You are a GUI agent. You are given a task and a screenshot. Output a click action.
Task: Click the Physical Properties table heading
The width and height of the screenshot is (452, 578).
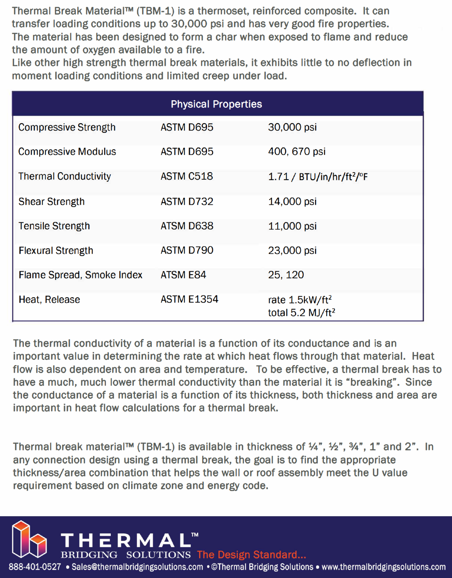tap(216, 104)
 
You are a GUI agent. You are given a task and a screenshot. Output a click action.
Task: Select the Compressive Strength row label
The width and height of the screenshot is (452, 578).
tap(67, 128)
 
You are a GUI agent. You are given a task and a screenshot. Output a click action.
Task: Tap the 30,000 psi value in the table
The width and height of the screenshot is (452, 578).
tap(292, 128)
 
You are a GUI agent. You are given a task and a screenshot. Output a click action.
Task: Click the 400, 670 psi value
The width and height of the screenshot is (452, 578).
tap(297, 152)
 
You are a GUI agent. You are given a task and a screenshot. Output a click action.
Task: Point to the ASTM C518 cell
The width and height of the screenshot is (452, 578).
tap(187, 176)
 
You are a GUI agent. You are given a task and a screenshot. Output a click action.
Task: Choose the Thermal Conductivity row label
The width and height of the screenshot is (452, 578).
tap(64, 177)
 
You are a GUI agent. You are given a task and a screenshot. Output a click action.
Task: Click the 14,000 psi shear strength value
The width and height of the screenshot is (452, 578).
tap(292, 202)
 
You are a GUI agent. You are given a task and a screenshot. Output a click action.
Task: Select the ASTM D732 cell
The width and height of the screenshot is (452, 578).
tap(187, 202)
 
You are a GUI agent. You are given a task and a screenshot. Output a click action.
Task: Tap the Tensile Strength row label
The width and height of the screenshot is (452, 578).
tap(54, 226)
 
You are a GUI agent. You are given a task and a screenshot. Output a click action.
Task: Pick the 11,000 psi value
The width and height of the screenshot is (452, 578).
tap(292, 226)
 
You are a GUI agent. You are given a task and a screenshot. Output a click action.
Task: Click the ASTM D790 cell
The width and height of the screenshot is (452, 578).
tap(187, 250)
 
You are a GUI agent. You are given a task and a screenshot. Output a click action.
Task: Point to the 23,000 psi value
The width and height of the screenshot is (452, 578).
tap(292, 250)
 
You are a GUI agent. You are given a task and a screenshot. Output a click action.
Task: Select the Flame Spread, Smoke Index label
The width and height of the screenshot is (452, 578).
tap(80, 275)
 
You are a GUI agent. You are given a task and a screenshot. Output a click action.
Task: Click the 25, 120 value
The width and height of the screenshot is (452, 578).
tap(286, 275)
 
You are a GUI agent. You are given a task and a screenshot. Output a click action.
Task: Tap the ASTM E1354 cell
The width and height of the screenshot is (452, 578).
tap(189, 299)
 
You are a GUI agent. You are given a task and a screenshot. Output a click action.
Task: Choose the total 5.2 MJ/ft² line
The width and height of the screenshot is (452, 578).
tap(301, 313)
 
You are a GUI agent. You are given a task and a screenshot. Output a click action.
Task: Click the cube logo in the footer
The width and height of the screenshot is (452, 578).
tap(29, 539)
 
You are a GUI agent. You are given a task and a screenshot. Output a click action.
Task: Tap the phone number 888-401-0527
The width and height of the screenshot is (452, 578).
tap(35, 567)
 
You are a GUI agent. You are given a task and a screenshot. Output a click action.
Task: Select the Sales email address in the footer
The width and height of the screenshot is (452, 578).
tap(137, 567)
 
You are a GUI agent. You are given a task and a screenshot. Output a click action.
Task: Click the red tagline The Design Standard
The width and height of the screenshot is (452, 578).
tap(251, 555)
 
